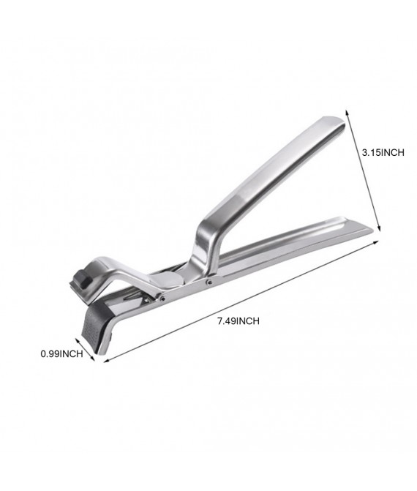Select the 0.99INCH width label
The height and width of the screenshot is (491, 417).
tap(62, 353)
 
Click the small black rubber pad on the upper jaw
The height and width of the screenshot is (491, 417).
tap(80, 279)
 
